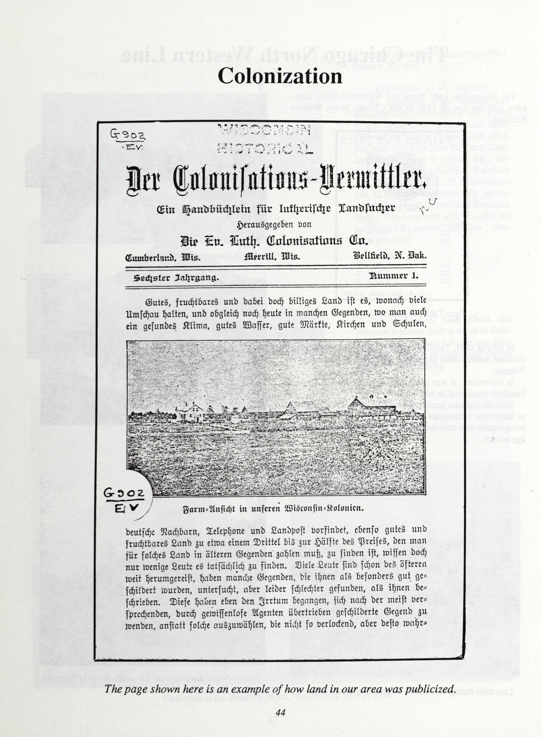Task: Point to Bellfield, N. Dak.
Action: [390, 255]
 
